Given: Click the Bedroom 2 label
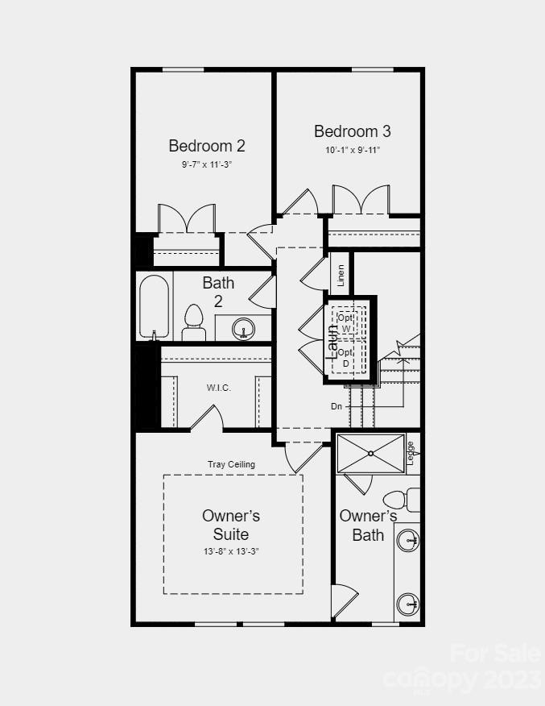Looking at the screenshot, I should [207, 146].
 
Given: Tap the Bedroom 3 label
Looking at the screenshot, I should [353, 131].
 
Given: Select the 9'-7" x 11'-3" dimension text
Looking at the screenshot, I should [207, 164].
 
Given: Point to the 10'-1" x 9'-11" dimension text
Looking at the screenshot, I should [353, 150].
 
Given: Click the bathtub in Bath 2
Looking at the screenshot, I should [155, 307].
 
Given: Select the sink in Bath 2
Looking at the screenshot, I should [242, 328].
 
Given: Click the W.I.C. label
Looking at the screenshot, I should [218, 388].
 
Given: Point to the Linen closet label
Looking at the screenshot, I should [341, 276].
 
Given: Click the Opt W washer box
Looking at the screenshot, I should [345, 323].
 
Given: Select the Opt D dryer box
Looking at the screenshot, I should [345, 358].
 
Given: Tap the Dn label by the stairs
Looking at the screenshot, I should [336, 406].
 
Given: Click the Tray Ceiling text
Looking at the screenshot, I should [231, 464].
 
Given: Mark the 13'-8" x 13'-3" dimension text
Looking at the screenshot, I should [231, 551].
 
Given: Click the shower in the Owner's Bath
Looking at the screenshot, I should [370, 453].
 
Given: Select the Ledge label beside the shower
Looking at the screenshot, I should [411, 453].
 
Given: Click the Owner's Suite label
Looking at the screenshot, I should [231, 525].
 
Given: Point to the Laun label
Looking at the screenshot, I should [331, 341].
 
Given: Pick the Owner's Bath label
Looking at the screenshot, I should [368, 525].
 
